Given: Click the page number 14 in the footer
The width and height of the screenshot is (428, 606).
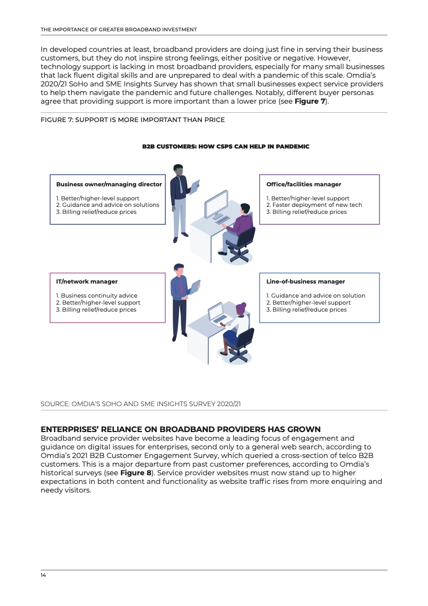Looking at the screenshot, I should [x=44, y=575].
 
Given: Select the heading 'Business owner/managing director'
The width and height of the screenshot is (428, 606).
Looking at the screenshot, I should [x=109, y=184].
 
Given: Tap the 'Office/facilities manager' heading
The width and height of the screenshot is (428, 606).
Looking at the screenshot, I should [x=304, y=184].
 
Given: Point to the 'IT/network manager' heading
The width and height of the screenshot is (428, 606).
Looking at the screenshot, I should [x=87, y=281].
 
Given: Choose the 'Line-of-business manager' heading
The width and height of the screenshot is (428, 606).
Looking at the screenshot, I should [x=305, y=281].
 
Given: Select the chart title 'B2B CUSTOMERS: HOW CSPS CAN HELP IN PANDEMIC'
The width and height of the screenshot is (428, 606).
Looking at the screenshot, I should [x=226, y=146].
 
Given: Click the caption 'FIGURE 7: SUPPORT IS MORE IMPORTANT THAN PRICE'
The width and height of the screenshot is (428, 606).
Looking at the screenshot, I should [x=133, y=119].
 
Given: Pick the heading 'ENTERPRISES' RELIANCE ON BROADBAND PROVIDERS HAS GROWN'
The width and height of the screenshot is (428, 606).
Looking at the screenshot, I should [x=181, y=429].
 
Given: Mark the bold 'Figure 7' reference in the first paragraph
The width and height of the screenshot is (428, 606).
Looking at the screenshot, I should [x=309, y=101].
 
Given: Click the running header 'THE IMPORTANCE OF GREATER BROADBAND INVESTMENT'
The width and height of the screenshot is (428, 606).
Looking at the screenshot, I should [x=119, y=29].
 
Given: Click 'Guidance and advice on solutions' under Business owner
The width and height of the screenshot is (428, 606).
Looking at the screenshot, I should [x=108, y=205].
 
